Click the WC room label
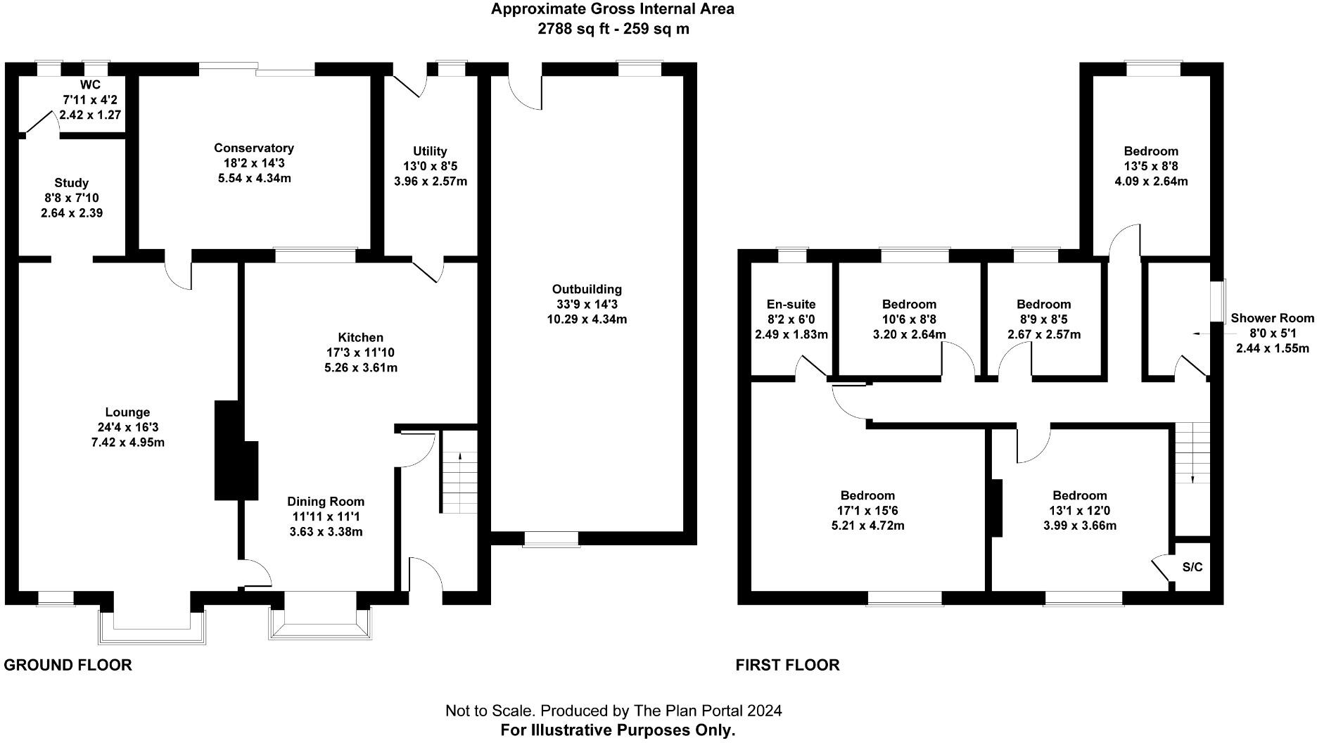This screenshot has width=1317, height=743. coord(90,85)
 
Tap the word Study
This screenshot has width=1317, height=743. coord(72,183)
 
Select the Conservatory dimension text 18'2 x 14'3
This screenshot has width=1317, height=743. coord(254,163)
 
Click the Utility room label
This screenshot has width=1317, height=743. coord(430,151)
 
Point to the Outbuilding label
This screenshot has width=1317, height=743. coord(587,289)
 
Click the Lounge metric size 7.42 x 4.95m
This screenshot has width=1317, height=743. coord(128,443)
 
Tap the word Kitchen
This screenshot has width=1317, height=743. coord(361,338)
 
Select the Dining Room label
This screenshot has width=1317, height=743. coord(326,502)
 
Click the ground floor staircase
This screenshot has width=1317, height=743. coord(459,482)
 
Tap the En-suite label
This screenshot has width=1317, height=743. coord(791,305)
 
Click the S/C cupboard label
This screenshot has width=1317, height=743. coord(1192,567)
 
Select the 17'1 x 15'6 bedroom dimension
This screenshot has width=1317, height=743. coord(867,511)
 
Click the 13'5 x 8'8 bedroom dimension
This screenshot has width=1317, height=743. coord(1151,166)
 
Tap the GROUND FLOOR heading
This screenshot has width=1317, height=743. coord(68,665)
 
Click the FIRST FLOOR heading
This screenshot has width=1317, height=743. coord(788,665)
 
